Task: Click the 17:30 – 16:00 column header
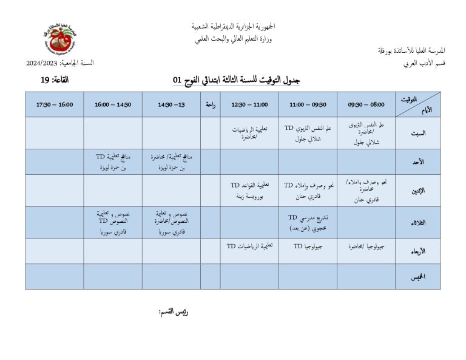[55, 104]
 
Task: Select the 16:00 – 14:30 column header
[113, 104]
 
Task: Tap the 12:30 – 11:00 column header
[249, 104]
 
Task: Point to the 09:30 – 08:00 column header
[366, 104]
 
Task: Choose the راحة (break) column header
[211, 104]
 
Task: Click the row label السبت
[418, 133]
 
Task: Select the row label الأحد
[418, 161]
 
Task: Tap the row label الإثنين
[418, 190]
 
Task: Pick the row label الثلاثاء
[418, 222]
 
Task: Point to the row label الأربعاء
[418, 251]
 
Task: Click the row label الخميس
[418, 276]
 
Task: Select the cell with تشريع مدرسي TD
[308, 222]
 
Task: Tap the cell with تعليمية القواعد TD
[249, 190]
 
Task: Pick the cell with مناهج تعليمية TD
[113, 161]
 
